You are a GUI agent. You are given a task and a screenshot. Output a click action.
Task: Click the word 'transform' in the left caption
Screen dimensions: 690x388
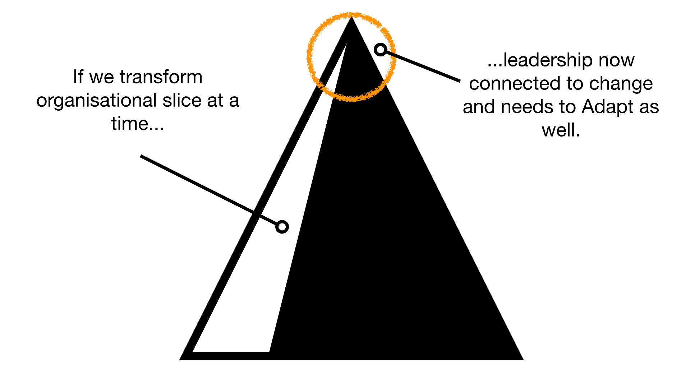click(x=161, y=77)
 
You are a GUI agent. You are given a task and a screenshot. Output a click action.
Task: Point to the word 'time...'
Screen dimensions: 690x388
click(x=138, y=124)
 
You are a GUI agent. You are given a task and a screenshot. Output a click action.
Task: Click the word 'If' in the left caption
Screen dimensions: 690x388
click(x=78, y=77)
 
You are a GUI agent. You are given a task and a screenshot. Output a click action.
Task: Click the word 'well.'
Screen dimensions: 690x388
click(x=561, y=130)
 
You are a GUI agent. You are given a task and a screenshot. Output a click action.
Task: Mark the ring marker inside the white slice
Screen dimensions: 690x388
click(x=282, y=227)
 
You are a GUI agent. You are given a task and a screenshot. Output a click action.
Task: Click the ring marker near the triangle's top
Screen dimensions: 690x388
click(x=381, y=50)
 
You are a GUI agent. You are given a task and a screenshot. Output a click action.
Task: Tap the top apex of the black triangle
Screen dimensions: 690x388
click(x=351, y=17)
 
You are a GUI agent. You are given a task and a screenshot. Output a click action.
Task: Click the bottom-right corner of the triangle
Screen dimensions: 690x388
click(x=523, y=360)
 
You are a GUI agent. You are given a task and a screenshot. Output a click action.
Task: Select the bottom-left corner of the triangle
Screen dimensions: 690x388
click(x=180, y=360)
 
